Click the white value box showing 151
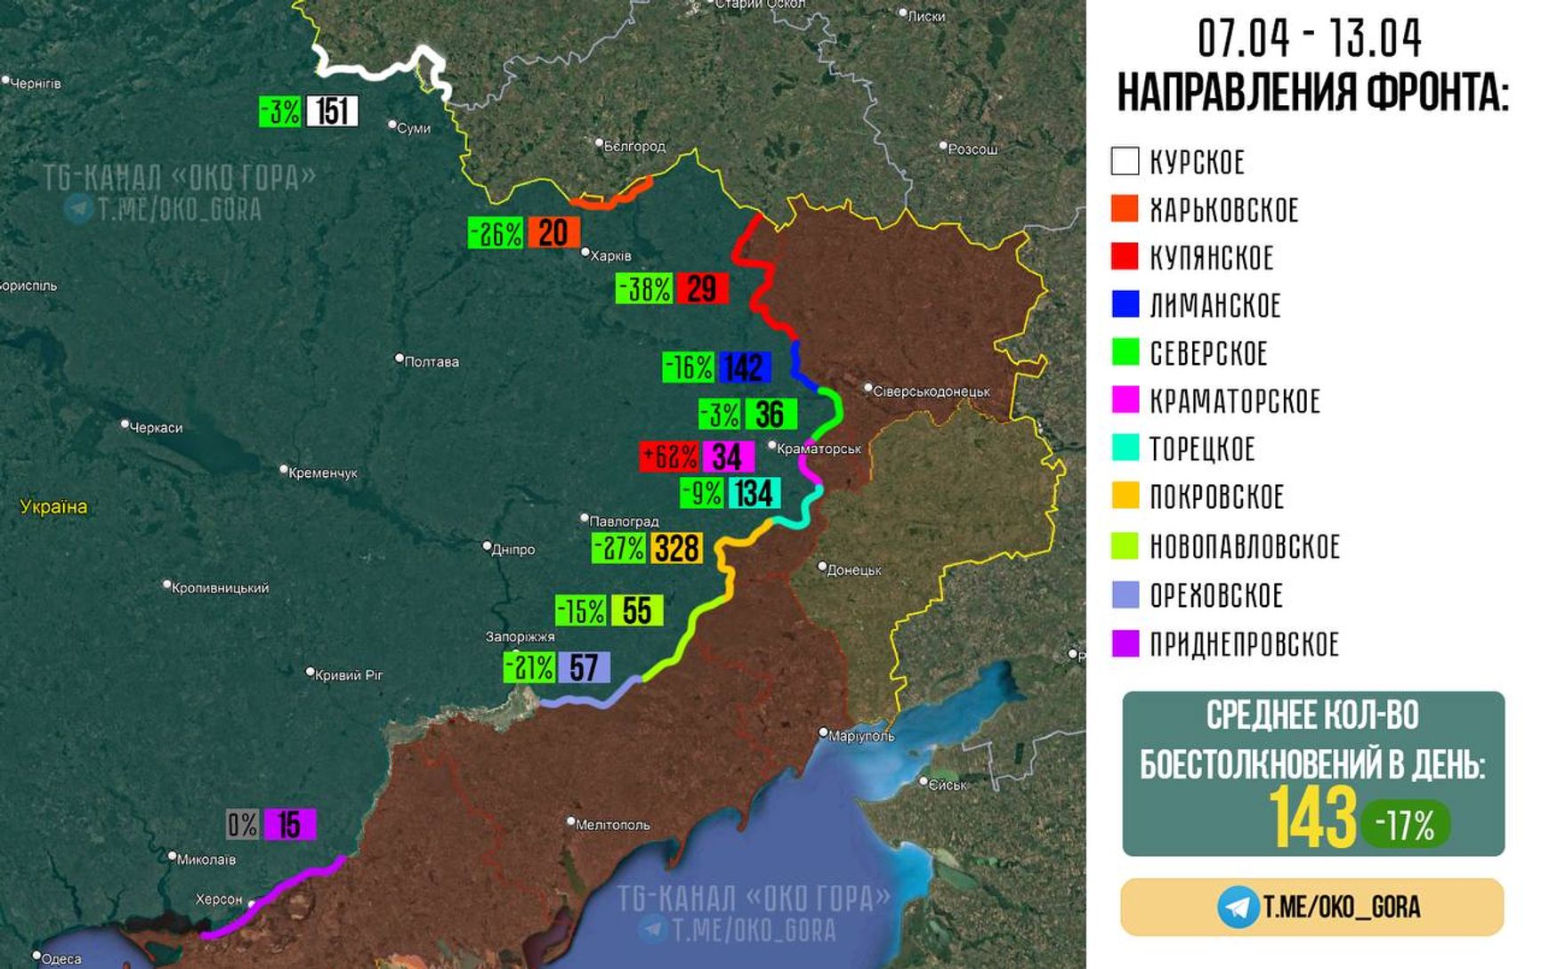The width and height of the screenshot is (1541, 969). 332,111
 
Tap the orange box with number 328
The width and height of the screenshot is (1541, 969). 676,548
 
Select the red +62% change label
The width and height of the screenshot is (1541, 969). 670,456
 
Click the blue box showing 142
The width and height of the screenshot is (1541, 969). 744,367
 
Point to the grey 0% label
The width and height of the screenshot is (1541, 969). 242,824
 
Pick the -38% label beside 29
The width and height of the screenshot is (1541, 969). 644,288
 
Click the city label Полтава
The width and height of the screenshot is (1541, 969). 431,361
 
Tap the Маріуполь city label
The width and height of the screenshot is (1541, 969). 860,736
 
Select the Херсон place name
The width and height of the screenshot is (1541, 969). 219,899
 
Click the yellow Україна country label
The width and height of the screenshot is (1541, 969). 53,506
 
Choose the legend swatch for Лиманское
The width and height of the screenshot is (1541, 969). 1125,304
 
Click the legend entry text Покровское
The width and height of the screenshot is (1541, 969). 1216,497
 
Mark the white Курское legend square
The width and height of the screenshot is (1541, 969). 1125,161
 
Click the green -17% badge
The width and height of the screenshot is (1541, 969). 1405,825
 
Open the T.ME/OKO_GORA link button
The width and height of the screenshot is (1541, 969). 1312,907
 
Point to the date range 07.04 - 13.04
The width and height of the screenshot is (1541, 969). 1309,38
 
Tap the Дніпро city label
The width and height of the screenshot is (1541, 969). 512,549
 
